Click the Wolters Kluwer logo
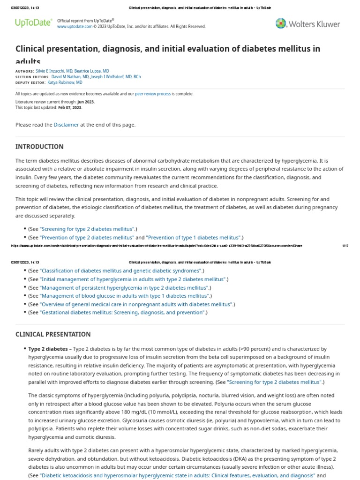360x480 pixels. pyautogui.click(x=308, y=23)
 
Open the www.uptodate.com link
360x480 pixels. pyautogui.click(x=75, y=27)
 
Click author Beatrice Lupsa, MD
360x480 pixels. pyautogui.click(x=93, y=71)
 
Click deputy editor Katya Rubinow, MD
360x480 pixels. pyautogui.click(x=65, y=82)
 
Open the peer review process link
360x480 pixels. pyautogui.click(x=153, y=94)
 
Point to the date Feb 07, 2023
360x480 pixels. pyautogui.click(x=70, y=107)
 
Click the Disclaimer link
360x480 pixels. pyautogui.click(x=66, y=125)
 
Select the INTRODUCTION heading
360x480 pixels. pyautogui.click(x=39, y=147)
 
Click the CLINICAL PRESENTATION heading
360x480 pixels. pyautogui.click(x=53, y=334)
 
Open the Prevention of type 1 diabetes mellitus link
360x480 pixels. pyautogui.click(x=193, y=238)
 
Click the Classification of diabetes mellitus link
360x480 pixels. pyautogui.click(x=121, y=271)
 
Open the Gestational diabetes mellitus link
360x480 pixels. pyautogui.click(x=122, y=312)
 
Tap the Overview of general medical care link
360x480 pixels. pyautogui.click(x=136, y=304)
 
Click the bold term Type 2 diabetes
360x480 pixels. pyautogui.click(x=48, y=349)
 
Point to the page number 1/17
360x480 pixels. pyautogui.click(x=345, y=246)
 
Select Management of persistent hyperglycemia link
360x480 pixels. pyautogui.click(x=124, y=288)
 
